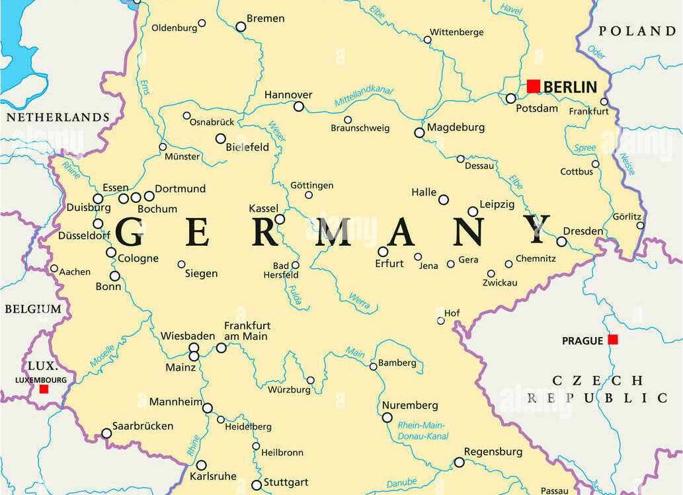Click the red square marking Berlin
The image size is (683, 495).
pyautogui.click(x=534, y=86)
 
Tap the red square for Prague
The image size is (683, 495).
pyautogui.click(x=613, y=339)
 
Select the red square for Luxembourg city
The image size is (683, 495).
pyautogui.click(x=44, y=389)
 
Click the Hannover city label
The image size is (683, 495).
pyautogui.click(x=288, y=95)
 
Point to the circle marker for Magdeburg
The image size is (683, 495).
pyautogui.click(x=419, y=133)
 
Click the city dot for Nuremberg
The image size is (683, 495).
pyautogui.click(x=387, y=417)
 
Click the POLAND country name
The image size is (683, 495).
pyautogui.click(x=637, y=31)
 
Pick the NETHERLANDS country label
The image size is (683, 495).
pyautogui.click(x=58, y=117)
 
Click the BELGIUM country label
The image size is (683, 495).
pyautogui.click(x=33, y=309)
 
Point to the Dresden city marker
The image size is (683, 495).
pyautogui.click(x=561, y=241)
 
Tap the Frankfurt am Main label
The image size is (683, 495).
pyautogui.click(x=247, y=331)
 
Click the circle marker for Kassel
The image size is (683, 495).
pyautogui.click(x=280, y=219)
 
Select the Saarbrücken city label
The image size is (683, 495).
pyautogui.click(x=142, y=426)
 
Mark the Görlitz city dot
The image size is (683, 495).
pyautogui.click(x=640, y=225)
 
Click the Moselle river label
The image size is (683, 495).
pyautogui.click(x=102, y=356)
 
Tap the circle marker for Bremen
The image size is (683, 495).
pyautogui.click(x=241, y=26)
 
